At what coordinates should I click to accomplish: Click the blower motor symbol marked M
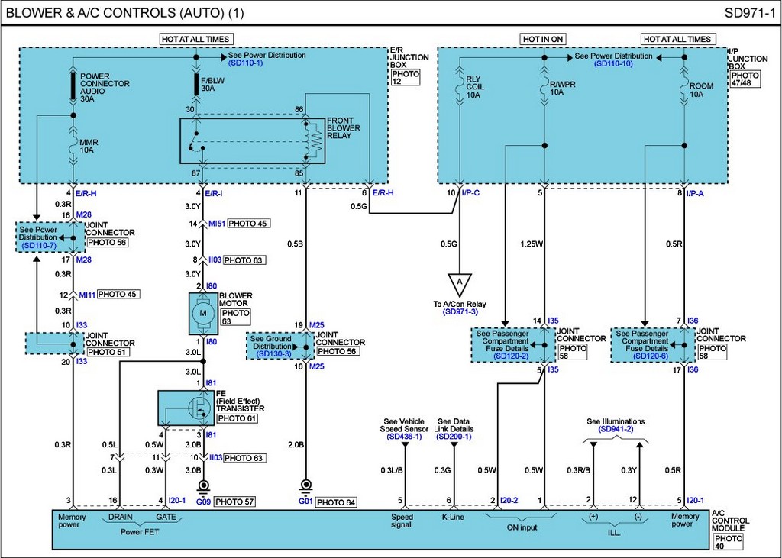coord(203,313)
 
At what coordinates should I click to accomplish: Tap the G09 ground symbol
coord(203,485)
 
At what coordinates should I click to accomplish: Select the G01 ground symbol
coord(305,485)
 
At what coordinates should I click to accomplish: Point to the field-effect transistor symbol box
coord(186,408)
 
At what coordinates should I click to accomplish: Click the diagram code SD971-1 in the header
coord(750,13)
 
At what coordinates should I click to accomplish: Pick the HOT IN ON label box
coord(543,39)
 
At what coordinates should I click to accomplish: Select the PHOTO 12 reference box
coord(406,77)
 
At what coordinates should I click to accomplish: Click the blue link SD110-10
coord(613,64)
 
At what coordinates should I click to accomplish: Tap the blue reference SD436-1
coord(404,437)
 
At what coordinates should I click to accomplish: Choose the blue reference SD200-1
coord(454,437)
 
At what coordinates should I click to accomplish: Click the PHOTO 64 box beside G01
coord(336,502)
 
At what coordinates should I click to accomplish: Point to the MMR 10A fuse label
coord(89,146)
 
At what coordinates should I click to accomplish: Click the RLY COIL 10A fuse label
coord(475,87)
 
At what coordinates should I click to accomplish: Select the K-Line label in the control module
coord(453,517)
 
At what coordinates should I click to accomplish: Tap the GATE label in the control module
coord(166,517)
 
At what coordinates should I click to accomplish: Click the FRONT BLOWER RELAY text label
coord(343,128)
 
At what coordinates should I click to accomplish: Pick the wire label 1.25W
coord(532,244)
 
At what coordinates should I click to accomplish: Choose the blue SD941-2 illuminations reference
coord(616,429)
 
